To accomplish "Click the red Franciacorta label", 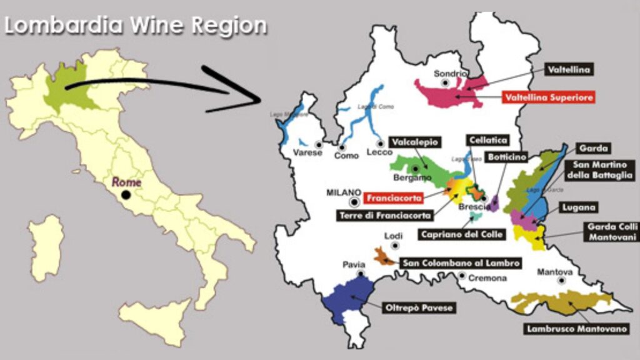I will click(394, 198).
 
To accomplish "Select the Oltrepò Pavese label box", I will click(417, 307).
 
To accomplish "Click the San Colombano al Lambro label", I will click(461, 263).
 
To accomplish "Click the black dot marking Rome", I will click(126, 195).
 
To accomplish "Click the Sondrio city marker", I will click(445, 82).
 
